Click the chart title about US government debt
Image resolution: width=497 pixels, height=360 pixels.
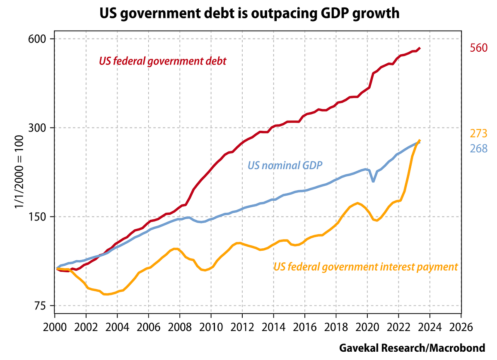[x=249, y=14]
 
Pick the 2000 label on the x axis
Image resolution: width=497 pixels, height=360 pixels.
[x=55, y=326]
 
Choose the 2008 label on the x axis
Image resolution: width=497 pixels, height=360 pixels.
[x=180, y=326]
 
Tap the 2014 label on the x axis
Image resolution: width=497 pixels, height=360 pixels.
[x=273, y=326]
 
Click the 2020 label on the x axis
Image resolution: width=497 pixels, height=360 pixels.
[x=367, y=326]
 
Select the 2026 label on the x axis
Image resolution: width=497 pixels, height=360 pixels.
[x=461, y=326]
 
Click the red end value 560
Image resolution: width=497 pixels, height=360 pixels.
[x=478, y=48]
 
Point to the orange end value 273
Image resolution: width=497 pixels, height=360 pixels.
[x=478, y=134]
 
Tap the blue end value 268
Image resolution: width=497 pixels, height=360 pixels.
[x=478, y=149]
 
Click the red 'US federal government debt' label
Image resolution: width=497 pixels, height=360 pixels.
[x=163, y=61]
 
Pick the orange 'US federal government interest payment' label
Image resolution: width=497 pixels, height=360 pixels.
[x=366, y=267]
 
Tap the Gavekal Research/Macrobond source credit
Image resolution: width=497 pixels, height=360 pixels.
[x=412, y=348]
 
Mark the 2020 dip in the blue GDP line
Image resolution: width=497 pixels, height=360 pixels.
[x=374, y=181]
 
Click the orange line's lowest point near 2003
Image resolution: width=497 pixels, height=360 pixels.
[x=106, y=294]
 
